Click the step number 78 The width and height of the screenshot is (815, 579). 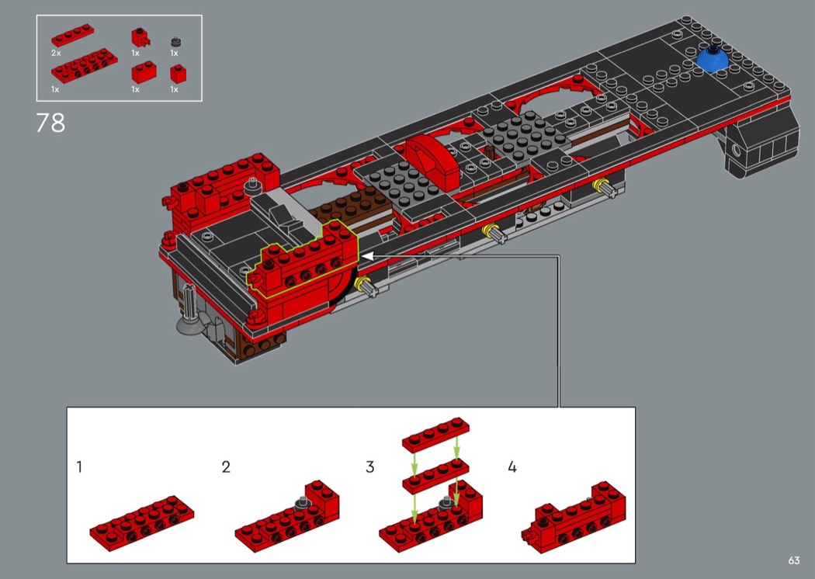(50, 123)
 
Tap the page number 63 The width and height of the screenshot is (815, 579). (793, 560)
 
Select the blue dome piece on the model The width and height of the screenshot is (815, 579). (713, 58)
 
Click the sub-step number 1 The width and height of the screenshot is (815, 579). (79, 466)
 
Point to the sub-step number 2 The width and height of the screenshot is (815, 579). (226, 466)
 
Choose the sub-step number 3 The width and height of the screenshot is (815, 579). (369, 466)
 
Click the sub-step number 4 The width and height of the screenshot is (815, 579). (512, 466)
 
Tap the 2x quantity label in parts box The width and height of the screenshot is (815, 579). (56, 53)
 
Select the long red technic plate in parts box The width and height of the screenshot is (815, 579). (84, 66)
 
